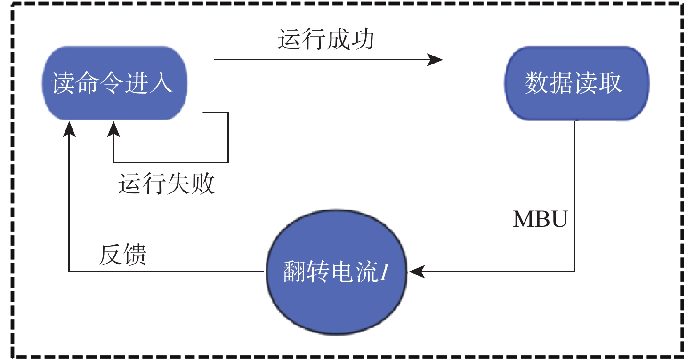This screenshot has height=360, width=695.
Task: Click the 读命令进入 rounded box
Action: point(114,83)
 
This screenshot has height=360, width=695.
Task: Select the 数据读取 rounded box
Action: point(576,83)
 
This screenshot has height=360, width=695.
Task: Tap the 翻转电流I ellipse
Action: point(335,272)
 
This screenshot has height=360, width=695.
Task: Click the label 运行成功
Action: point(326,40)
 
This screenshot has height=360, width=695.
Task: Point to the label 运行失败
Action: point(166,184)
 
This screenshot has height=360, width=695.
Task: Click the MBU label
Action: point(540,219)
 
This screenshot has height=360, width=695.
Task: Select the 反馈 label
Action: point(123,255)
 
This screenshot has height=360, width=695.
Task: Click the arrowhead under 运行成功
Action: point(436,60)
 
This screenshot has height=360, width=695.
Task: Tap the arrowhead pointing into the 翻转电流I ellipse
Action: point(416,272)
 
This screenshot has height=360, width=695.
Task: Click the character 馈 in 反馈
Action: point(135,255)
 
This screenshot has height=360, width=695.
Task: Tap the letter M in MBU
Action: point(522,219)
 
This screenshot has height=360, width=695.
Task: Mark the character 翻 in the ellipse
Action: point(295,272)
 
